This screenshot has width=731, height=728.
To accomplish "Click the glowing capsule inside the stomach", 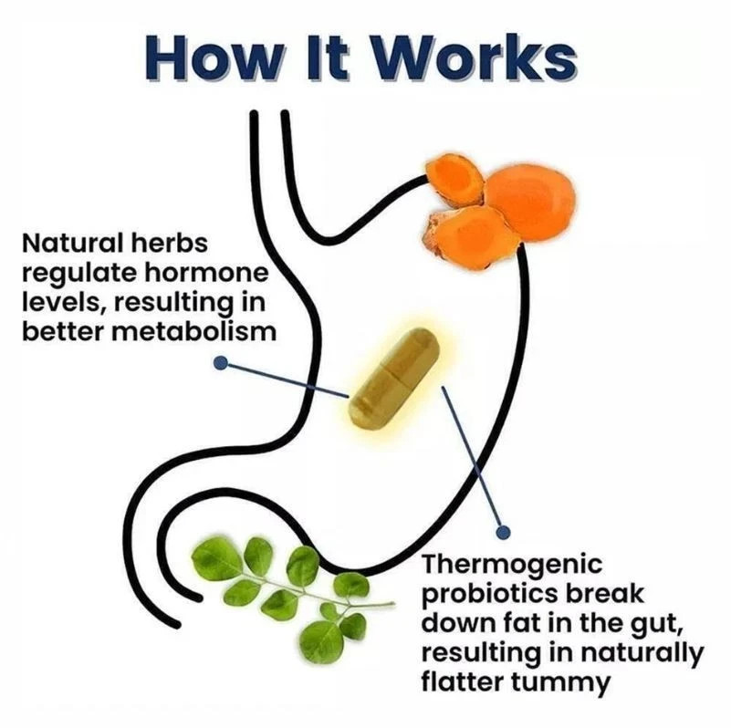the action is click(394, 378).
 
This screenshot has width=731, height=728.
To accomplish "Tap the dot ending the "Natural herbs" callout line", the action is click(221, 362).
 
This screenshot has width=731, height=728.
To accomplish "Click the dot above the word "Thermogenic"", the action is click(503, 531).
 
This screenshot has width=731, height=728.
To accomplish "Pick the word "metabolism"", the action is click(194, 331).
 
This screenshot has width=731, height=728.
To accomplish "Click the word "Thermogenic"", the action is click(512, 564).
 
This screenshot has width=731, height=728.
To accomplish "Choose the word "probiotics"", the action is click(489, 594).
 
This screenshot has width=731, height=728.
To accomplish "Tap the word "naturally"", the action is click(640, 653).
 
